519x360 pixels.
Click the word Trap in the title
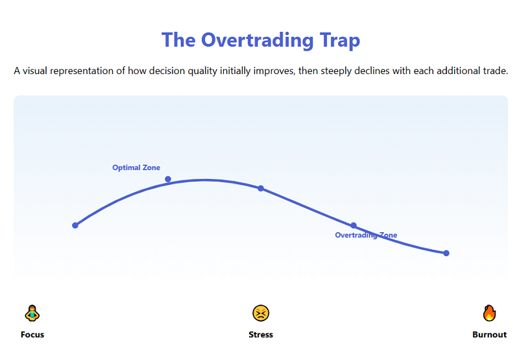(x=339, y=40)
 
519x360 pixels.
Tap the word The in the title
(x=178, y=40)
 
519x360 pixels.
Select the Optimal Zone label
(x=136, y=168)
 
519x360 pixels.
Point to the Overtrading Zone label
(x=366, y=235)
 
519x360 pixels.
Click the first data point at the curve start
(x=75, y=226)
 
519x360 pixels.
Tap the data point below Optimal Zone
(x=168, y=179)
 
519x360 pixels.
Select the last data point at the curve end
(x=446, y=253)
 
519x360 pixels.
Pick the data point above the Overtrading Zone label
(x=354, y=226)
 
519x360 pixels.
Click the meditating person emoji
(x=32, y=313)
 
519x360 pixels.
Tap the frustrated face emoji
(x=261, y=313)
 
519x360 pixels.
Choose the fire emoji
(x=489, y=313)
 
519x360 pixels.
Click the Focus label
(x=32, y=335)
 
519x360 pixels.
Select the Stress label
(x=261, y=335)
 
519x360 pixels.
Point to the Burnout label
(x=489, y=335)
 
